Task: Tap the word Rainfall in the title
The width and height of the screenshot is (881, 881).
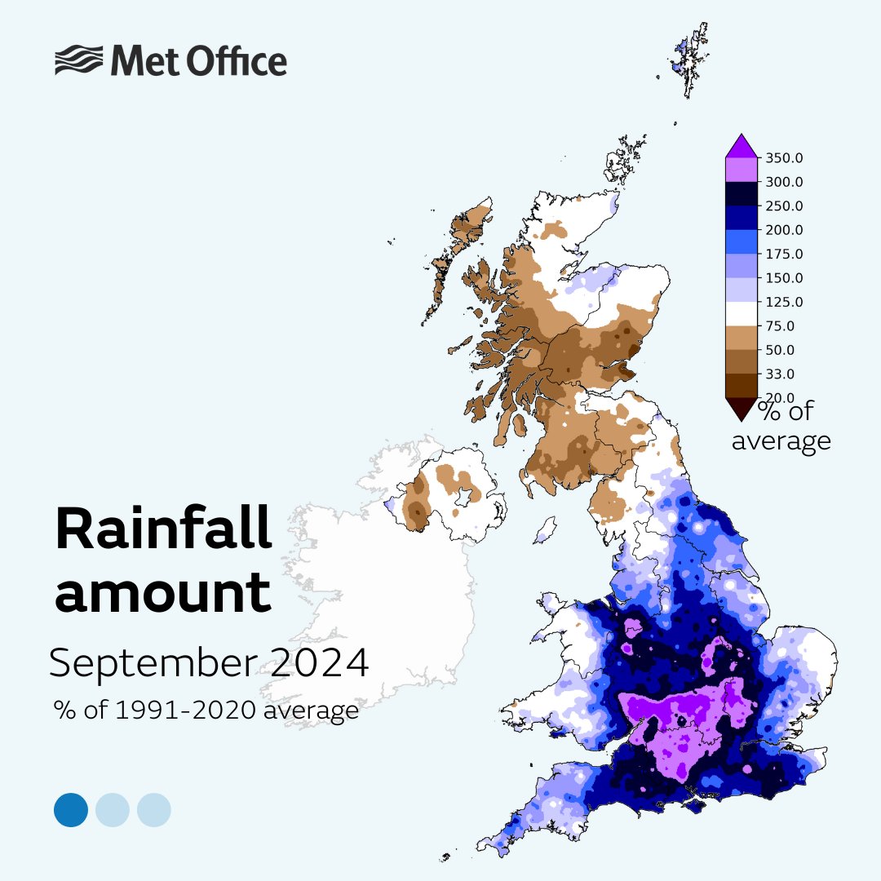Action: (163, 531)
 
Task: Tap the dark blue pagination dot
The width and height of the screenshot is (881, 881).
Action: (71, 810)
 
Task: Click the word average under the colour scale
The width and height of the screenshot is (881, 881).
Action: (781, 441)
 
